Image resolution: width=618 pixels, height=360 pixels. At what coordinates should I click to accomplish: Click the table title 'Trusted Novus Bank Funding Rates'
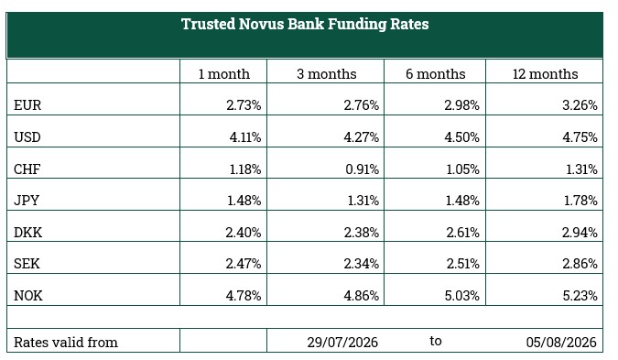pyautogui.click(x=305, y=24)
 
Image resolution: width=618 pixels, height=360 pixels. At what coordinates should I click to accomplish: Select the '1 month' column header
pyautogui.click(x=224, y=74)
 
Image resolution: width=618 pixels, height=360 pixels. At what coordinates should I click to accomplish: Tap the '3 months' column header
pyautogui.click(x=326, y=74)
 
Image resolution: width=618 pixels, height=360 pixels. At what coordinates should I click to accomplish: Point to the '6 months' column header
pyautogui.click(x=436, y=74)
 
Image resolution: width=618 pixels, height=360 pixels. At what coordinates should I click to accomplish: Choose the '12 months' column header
pyautogui.click(x=545, y=74)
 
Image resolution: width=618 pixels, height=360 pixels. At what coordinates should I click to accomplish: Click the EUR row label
pyautogui.click(x=27, y=105)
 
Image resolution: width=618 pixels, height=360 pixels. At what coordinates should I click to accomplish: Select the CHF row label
pyautogui.click(x=27, y=169)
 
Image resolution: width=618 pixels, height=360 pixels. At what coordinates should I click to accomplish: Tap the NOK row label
pyautogui.click(x=28, y=296)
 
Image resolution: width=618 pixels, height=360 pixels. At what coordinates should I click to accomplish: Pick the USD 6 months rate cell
pyautogui.click(x=461, y=137)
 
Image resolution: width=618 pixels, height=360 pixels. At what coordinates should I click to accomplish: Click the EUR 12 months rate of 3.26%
pyautogui.click(x=580, y=105)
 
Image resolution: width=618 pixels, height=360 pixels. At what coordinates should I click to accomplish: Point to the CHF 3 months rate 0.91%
pyautogui.click(x=362, y=169)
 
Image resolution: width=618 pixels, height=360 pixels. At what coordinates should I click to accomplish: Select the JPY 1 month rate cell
pyautogui.click(x=244, y=201)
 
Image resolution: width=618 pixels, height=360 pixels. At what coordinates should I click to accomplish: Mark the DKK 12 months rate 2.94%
pyautogui.click(x=580, y=233)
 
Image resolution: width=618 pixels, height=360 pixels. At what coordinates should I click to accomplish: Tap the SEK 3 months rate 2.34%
pyautogui.click(x=361, y=264)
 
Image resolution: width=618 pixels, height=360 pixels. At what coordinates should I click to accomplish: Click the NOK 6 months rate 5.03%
pyautogui.click(x=462, y=296)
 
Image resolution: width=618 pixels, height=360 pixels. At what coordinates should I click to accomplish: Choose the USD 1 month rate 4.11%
pyautogui.click(x=245, y=137)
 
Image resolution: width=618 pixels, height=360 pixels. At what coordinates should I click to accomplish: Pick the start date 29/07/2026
pyautogui.click(x=342, y=343)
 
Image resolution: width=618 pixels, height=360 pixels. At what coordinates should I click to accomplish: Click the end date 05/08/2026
pyautogui.click(x=561, y=343)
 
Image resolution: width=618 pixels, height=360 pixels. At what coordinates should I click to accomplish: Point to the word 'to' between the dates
pyautogui.click(x=436, y=341)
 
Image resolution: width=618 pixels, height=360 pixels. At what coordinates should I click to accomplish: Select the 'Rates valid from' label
pyautogui.click(x=66, y=343)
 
